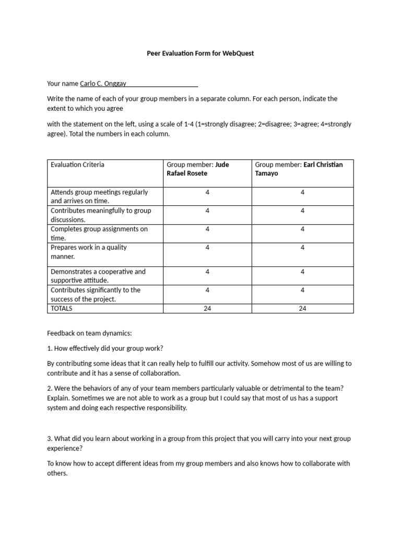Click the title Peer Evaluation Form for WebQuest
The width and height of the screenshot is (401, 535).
coord(200,53)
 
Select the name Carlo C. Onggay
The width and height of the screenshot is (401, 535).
coord(103,83)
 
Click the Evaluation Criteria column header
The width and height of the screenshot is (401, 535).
coord(77,165)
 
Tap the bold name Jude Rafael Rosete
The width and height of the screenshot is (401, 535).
coord(197,169)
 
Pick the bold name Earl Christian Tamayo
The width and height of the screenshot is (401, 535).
coord(299,169)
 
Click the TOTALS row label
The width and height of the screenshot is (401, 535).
coord(62,308)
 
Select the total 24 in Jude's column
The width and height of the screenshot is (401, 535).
coord(207,308)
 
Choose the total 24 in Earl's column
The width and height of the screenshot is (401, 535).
coord(302,308)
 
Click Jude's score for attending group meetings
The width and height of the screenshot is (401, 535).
coord(207,192)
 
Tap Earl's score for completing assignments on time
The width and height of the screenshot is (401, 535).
coord(302,229)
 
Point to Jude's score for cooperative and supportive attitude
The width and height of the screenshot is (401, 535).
coord(207,272)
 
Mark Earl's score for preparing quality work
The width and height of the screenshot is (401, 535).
coord(302,248)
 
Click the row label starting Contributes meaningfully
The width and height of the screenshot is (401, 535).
coord(100,215)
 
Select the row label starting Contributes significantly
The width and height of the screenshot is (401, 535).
coord(95,295)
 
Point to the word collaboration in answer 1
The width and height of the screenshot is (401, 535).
coord(158,373)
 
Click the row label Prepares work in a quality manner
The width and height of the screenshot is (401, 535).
coord(88,252)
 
